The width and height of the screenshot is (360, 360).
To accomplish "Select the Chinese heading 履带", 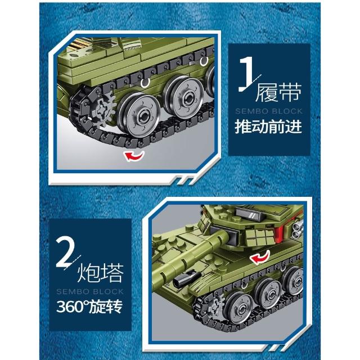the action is coord(278,92).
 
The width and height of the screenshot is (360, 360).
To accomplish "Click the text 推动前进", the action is coord(268,126).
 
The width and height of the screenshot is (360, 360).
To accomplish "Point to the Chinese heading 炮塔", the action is coord(101,273).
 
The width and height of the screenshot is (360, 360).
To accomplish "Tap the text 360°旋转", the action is coord(89,307).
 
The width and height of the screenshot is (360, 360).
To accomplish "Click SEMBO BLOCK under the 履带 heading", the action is coord(269,111).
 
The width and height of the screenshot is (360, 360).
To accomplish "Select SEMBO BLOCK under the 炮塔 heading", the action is coord(90,291).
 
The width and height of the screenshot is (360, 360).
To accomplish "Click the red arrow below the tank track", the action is coord(134,156).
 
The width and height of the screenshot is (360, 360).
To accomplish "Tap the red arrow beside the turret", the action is coord(260,257).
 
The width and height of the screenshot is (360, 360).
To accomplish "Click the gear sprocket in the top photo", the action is coord(104,110).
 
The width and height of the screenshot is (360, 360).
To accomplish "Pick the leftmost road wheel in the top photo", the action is coord(139,115).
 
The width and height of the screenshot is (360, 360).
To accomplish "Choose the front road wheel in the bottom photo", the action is coord(238,308).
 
